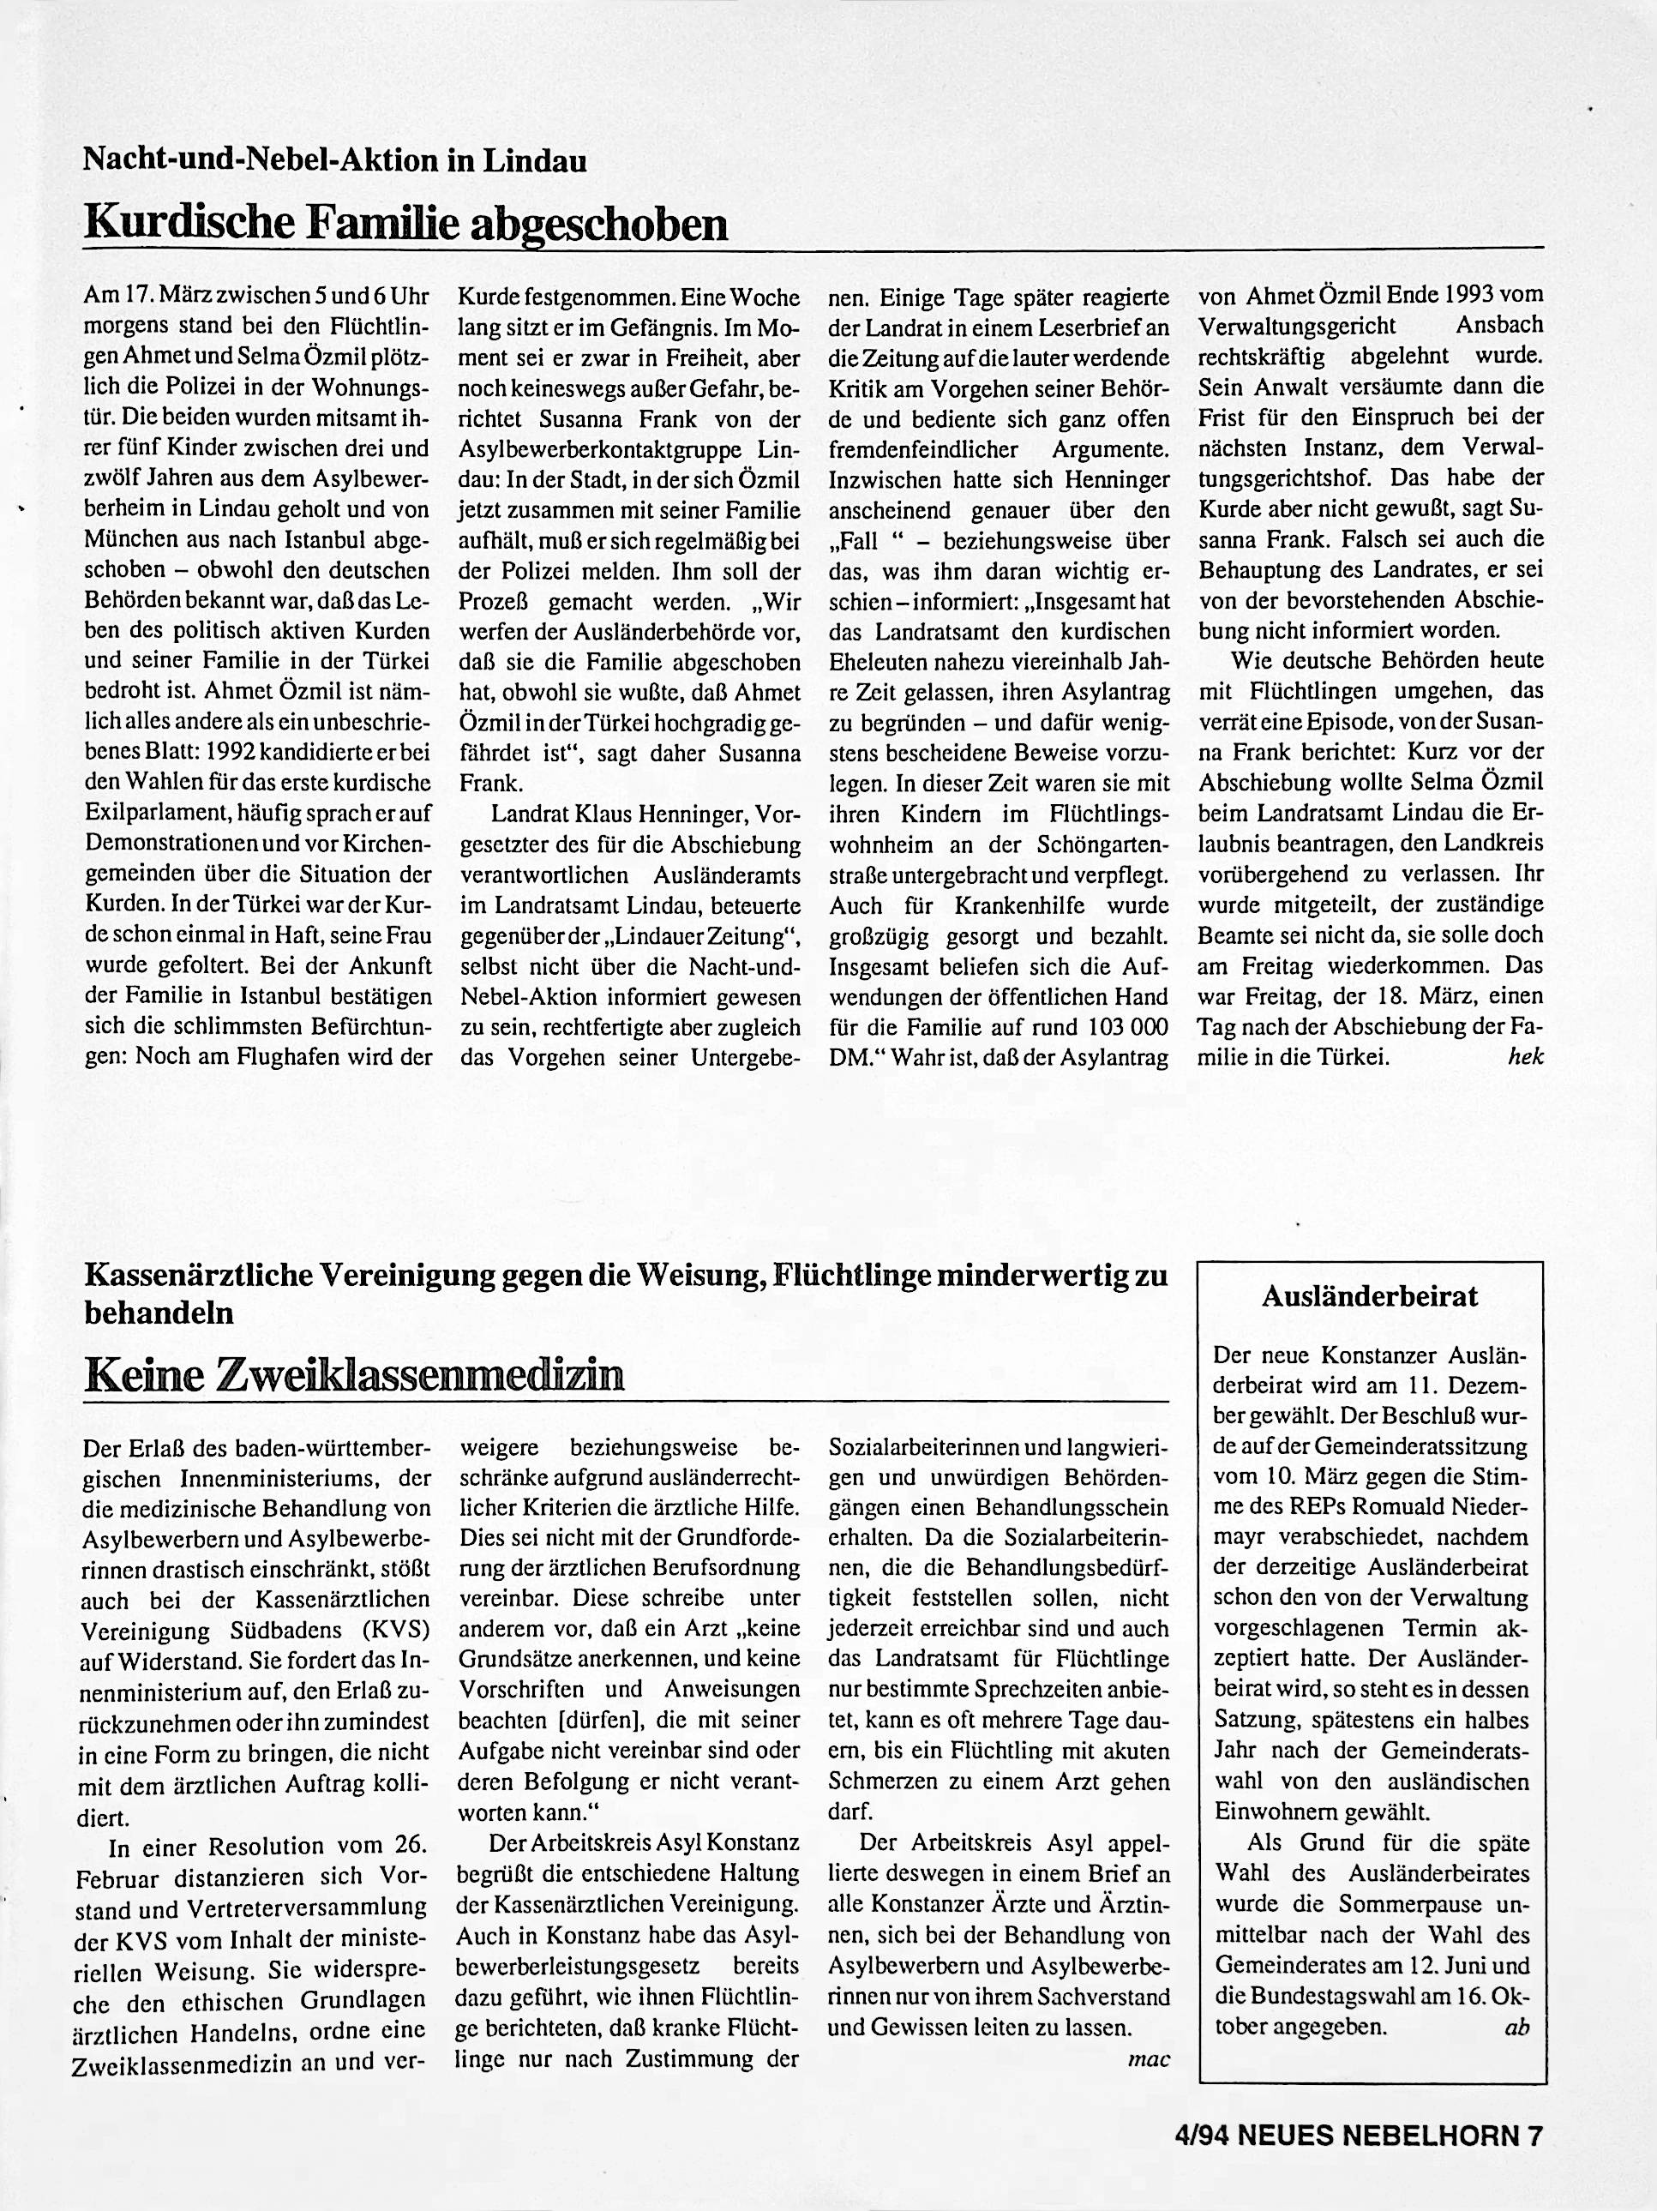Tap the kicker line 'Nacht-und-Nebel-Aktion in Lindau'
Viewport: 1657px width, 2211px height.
335,160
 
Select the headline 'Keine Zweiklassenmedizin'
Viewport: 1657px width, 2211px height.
354,1375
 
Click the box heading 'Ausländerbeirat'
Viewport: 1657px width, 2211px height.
1369,1297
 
